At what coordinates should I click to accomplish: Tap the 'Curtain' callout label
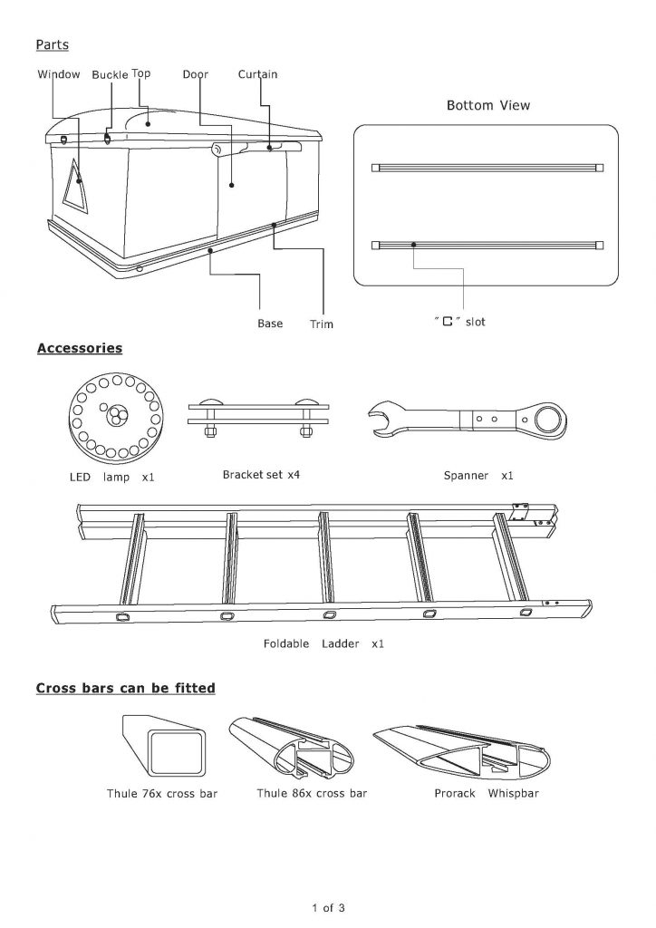click(257, 74)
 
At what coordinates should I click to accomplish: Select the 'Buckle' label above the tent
click(110, 74)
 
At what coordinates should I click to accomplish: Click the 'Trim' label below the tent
click(321, 324)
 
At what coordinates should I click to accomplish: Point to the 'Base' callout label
click(270, 324)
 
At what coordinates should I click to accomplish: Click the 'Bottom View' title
click(488, 105)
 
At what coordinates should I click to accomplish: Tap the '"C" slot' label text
click(459, 322)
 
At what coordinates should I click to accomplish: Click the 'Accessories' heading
click(79, 348)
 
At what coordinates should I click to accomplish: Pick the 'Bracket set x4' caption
click(261, 475)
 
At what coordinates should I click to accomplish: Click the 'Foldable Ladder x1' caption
click(323, 643)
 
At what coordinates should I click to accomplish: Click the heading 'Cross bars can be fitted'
click(125, 688)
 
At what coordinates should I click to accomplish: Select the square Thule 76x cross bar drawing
click(164, 746)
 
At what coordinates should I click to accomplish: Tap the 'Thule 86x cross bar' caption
click(312, 793)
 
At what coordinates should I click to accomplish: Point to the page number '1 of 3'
click(328, 907)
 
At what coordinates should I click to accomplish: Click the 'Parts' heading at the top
click(52, 44)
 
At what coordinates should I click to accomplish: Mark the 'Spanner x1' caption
click(478, 475)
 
